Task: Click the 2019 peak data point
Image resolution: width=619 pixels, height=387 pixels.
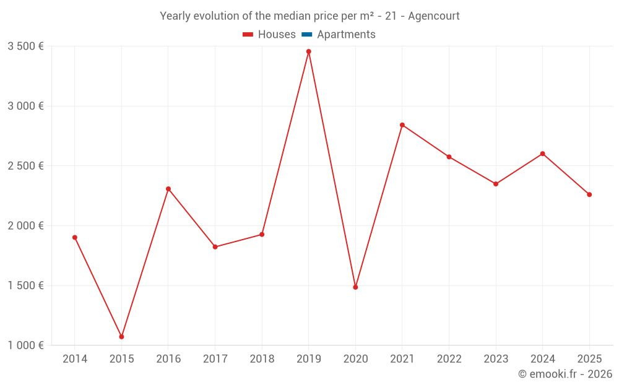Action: tap(309, 51)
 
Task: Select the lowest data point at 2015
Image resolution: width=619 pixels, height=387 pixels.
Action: tap(121, 337)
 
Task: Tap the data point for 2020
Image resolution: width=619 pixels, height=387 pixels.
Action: tap(355, 287)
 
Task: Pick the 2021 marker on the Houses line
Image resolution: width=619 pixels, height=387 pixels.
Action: tap(402, 125)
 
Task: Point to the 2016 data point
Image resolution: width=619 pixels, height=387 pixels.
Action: tap(168, 189)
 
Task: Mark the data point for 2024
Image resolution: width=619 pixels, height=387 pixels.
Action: tap(543, 154)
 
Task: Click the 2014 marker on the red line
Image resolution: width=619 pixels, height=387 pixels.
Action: tap(75, 237)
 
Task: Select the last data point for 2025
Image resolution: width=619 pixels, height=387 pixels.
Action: tap(589, 194)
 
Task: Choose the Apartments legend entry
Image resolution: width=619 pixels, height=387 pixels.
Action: tap(346, 35)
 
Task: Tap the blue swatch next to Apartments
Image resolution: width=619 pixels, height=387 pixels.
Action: tap(306, 35)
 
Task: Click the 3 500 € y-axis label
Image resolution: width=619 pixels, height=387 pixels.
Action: tap(25, 46)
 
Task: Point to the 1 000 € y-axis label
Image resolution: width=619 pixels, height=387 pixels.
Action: tap(25, 346)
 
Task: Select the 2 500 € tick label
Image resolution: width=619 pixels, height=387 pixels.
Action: tap(25, 166)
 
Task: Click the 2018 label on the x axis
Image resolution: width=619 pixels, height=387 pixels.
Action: tap(262, 359)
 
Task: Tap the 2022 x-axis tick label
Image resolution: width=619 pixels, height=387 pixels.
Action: tap(449, 359)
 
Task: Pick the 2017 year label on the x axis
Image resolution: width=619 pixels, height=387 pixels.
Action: tap(215, 359)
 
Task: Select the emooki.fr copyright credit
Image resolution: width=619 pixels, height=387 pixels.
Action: tap(565, 374)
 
